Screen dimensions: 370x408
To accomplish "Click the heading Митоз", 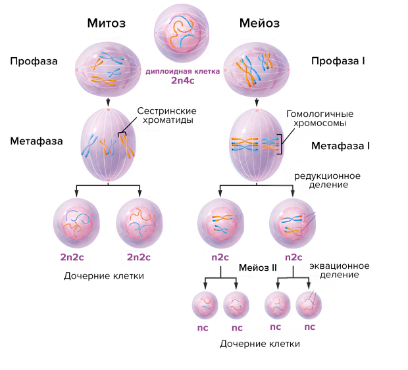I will tap(106, 24).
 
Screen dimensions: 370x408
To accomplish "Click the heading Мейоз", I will tap(259, 24).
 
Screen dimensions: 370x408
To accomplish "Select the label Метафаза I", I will tap(340, 145).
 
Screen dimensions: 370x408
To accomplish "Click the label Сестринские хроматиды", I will tap(166, 116).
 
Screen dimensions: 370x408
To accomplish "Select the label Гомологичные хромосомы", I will tap(316, 118).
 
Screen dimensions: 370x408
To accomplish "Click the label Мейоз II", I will tap(257, 268).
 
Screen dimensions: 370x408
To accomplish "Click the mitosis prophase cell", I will tap(107, 68).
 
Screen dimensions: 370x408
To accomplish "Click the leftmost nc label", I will tap(204, 327).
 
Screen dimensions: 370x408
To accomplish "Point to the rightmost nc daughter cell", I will tap(309, 306).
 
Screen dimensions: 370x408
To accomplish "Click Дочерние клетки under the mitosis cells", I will tap(104, 276).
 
